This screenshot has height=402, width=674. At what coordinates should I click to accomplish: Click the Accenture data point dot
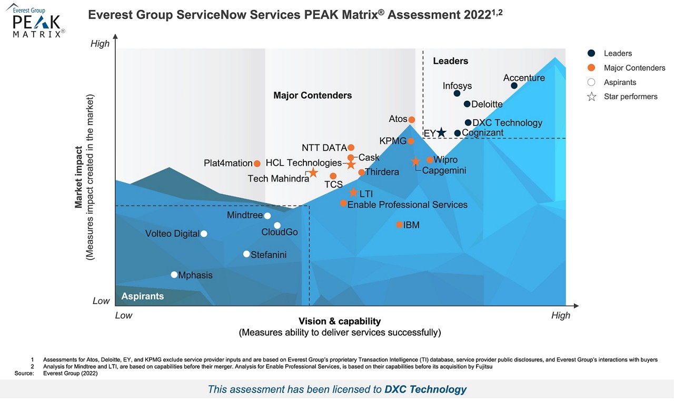514,86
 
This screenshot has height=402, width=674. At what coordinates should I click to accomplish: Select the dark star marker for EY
441,133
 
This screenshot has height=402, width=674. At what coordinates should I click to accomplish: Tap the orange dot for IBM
400,225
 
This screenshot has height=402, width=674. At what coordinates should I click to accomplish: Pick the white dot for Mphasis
174,275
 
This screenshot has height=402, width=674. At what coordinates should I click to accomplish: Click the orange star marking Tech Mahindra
313,173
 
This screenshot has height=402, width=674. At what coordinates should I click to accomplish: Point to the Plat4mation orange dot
257,164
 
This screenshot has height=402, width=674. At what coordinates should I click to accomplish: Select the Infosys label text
457,86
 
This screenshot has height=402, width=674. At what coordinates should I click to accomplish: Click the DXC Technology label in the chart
507,123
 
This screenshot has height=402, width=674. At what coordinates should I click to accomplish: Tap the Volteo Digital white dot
204,234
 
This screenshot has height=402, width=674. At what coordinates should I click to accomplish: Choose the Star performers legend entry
630,97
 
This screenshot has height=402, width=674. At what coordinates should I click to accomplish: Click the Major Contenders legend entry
634,68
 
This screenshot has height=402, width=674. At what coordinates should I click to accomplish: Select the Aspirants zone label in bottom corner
143,296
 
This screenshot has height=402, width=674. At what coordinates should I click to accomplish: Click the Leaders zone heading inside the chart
450,61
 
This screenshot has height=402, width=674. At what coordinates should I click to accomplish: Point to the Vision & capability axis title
340,321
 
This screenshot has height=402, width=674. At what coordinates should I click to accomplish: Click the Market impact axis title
78,177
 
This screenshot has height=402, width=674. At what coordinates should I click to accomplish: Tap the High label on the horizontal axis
560,315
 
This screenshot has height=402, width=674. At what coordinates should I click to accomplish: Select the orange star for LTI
353,193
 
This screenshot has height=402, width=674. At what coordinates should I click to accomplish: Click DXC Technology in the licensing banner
425,390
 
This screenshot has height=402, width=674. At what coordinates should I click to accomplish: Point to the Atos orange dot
412,120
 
